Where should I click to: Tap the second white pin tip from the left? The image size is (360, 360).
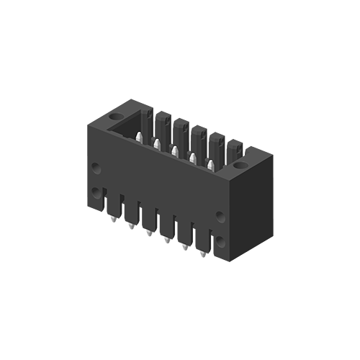tap(156, 144)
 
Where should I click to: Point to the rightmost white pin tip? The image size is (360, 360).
tap(210, 165)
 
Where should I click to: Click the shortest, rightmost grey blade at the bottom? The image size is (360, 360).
tap(198, 257)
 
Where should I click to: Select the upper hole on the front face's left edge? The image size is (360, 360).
tap(96, 168)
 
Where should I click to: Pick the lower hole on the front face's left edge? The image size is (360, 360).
tap(96, 192)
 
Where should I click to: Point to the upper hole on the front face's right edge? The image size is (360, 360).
tap(220, 212)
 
